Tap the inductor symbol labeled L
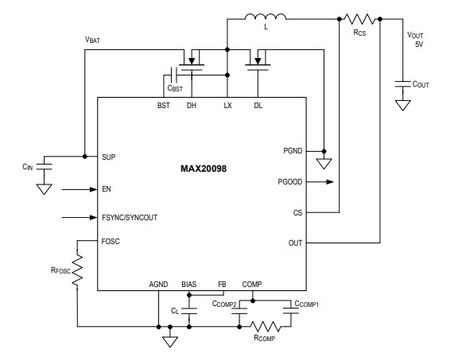pyautogui.click(x=265, y=17)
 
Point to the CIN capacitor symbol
pyautogui.click(x=45, y=166)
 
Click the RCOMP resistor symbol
pyautogui.click(x=265, y=326)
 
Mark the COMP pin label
pyautogui.click(x=252, y=284)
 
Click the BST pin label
pyautogui.click(x=163, y=105)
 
